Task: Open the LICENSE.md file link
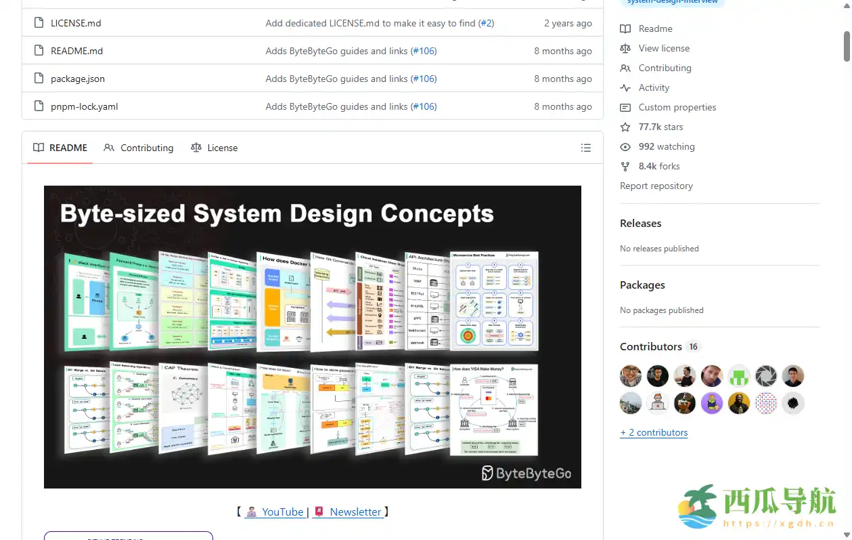[x=76, y=23]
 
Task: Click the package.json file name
[x=78, y=79]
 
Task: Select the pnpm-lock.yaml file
[x=85, y=106]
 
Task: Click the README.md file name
[x=77, y=51]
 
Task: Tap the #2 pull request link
[x=487, y=23]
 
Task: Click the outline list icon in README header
[x=586, y=148]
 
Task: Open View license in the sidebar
[x=664, y=48]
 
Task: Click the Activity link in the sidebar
[x=654, y=87]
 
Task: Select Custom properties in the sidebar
[x=677, y=107]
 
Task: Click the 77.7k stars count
[x=660, y=127]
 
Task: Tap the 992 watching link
[x=666, y=146]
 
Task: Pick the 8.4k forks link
[x=658, y=166]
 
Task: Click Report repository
[x=656, y=186]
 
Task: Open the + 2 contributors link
[x=654, y=432]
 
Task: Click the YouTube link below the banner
[x=282, y=512]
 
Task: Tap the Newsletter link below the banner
[x=355, y=512]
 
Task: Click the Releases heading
[x=640, y=224]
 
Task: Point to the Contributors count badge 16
[x=693, y=346]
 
